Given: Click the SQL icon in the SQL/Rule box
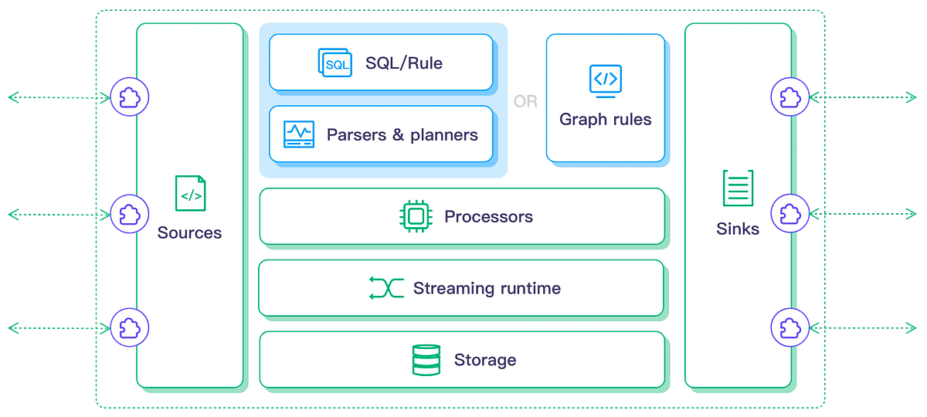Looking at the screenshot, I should [x=335, y=63].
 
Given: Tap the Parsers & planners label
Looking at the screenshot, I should [x=402, y=135].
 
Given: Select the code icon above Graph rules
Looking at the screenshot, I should [x=605, y=79].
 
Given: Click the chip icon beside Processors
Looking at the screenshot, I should [x=416, y=217].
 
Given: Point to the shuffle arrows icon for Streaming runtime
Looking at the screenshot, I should [x=386, y=288].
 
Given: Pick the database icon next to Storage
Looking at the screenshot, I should [x=426, y=360].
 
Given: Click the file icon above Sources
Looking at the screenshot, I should [x=190, y=193].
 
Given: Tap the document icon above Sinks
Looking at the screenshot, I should [x=737, y=188].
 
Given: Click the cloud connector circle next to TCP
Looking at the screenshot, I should [x=129, y=213].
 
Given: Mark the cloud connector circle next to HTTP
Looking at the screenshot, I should [x=790, y=327].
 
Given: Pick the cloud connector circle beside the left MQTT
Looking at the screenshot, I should [x=129, y=97].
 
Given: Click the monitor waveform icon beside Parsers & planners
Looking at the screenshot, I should [x=298, y=134].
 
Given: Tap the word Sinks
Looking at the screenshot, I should [x=737, y=229].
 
